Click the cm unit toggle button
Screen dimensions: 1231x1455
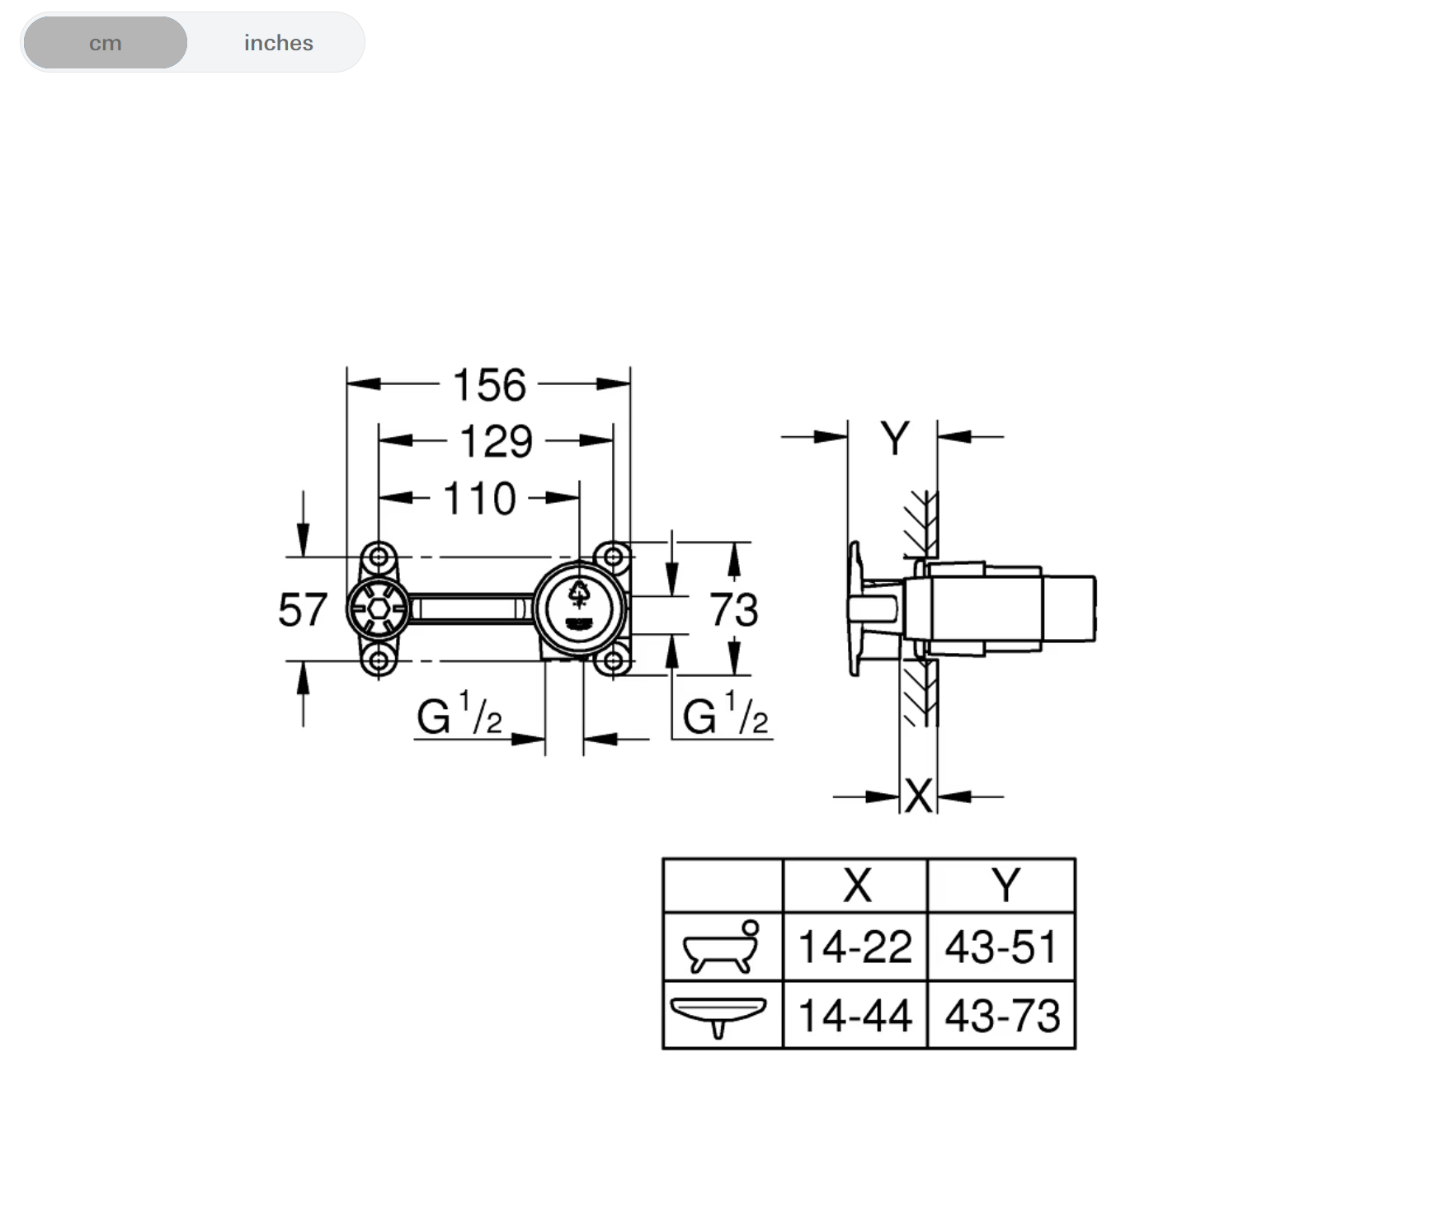[x=106, y=43]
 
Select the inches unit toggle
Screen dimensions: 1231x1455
[x=278, y=43]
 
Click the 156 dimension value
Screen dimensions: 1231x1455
[x=489, y=385]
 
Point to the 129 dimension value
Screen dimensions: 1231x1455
[x=496, y=442]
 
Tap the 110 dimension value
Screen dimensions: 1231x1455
[x=479, y=499]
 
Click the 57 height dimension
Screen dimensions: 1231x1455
[x=303, y=610]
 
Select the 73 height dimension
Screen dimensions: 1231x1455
[x=733, y=610]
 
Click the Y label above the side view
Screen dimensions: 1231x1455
[x=894, y=438]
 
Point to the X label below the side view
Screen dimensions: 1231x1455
[x=918, y=796]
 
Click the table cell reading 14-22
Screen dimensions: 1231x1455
[x=855, y=947]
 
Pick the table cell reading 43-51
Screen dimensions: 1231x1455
[x=1001, y=947]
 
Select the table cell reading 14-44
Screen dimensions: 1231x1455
[x=855, y=1015]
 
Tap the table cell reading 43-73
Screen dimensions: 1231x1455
[x=1001, y=1015]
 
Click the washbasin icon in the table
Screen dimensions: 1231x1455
[x=718, y=1015]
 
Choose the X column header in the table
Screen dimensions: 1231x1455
[x=856, y=886]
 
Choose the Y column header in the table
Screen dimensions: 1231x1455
[x=1005, y=886]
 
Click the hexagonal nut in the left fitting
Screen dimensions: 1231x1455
[x=379, y=609]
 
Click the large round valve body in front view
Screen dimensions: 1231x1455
[x=579, y=608]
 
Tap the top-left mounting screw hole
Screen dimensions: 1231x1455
[x=379, y=557]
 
